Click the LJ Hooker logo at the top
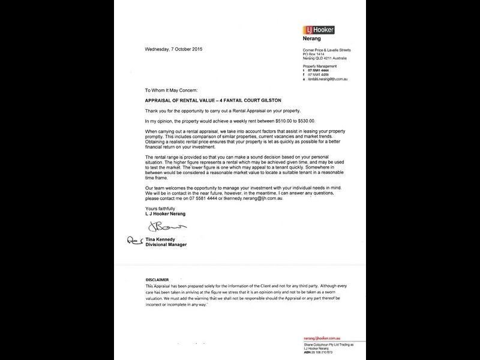320,29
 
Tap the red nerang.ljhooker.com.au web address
326,338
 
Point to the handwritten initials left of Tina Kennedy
133,240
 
